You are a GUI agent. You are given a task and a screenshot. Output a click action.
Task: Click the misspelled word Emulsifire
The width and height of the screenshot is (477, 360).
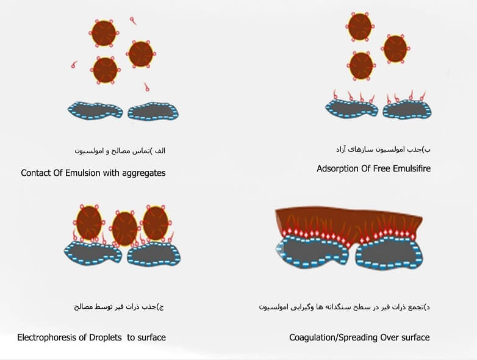point(412,168)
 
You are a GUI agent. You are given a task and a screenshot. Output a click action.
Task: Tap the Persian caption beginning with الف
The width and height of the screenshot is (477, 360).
point(120,151)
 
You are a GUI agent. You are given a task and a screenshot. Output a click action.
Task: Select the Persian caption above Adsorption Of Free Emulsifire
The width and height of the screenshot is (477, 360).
point(383,149)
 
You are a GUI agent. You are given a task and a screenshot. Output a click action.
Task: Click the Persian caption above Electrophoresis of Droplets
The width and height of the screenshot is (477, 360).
point(119,306)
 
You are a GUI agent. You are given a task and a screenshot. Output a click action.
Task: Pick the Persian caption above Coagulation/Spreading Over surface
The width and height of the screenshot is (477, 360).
point(345,307)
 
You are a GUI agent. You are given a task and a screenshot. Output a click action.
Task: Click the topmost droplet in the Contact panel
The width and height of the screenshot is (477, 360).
point(104,33)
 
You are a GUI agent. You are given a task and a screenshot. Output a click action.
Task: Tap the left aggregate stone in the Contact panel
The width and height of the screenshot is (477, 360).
point(95,110)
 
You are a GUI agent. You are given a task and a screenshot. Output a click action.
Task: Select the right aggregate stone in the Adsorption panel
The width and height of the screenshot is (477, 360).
point(407,109)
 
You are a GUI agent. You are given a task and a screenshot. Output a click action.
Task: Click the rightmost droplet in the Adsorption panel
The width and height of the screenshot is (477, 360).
point(395,49)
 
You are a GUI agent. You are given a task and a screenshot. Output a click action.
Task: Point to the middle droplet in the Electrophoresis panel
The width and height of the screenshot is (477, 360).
point(124,229)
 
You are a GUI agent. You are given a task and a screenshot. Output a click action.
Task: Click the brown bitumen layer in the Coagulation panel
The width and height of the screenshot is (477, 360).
point(349,224)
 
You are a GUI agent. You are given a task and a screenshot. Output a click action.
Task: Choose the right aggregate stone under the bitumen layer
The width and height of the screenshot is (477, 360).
point(389,253)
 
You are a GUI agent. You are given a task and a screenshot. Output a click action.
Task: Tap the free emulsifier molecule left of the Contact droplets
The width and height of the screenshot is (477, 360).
point(74,65)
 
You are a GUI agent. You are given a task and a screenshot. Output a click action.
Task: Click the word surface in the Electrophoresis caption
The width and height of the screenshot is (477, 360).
point(151,337)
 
